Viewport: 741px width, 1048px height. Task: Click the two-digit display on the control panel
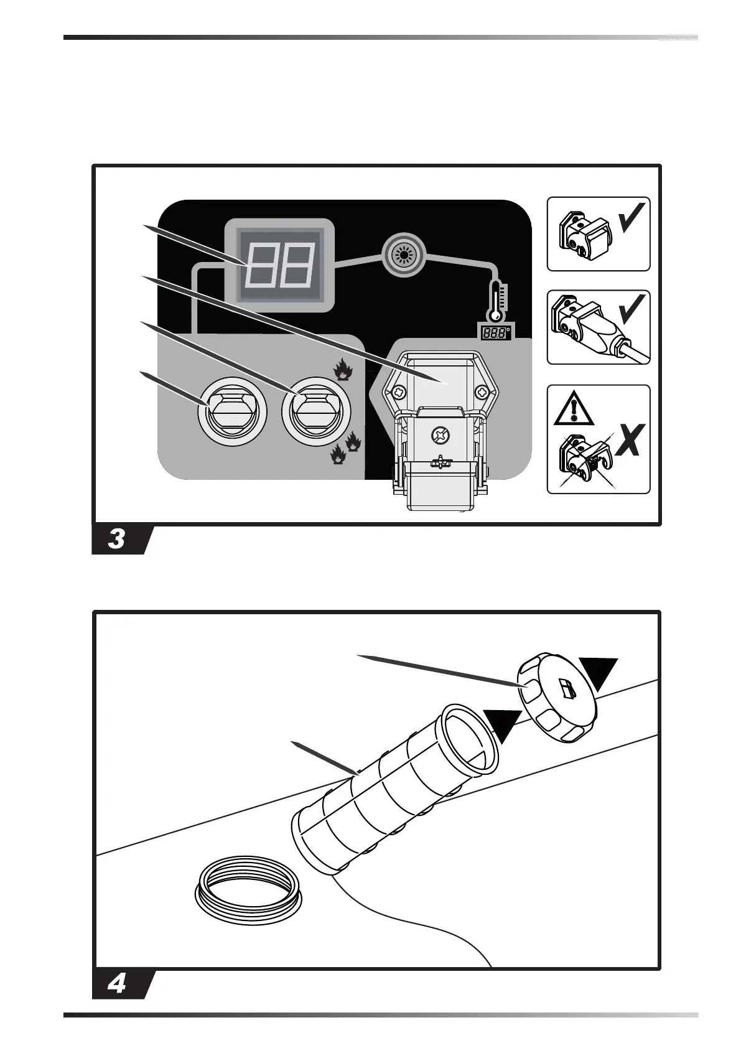pyautogui.click(x=279, y=264)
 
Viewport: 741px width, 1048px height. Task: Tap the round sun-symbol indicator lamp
pyautogui.click(x=404, y=255)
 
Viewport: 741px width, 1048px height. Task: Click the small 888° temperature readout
pyautogui.click(x=496, y=332)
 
